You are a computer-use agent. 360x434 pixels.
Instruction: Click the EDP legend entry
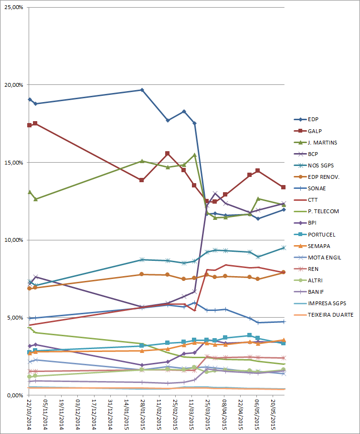coord(314,119)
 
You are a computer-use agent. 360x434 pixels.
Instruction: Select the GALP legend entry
coord(315,131)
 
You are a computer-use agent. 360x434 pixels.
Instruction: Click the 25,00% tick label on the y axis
coord(14,8)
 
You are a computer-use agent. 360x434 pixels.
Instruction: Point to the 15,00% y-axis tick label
coord(14,163)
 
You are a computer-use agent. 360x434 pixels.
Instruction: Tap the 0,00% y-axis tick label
coord(16,395)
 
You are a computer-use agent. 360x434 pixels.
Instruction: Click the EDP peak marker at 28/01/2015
coord(142,90)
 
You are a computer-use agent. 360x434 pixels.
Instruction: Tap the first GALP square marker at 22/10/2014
coord(30,125)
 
